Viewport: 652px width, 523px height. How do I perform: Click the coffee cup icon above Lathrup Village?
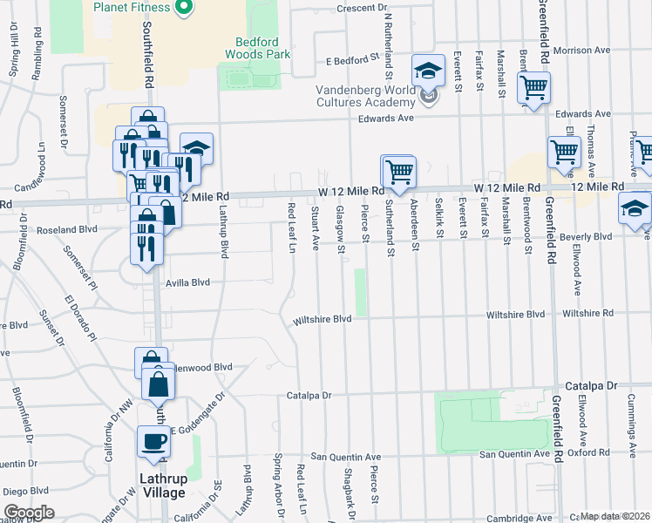154,441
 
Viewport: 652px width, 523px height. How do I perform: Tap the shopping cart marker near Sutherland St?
398,171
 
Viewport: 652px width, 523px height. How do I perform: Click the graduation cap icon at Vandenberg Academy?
428,71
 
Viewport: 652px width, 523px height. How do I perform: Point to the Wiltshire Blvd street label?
323,319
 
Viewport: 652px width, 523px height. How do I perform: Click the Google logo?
29,513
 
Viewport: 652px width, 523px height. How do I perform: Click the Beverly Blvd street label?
590,236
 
